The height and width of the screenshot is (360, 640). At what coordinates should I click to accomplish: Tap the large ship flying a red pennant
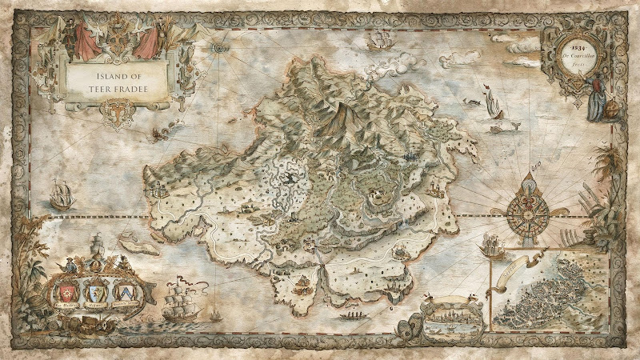click(180, 302)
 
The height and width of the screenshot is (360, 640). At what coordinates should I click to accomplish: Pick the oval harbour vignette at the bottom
click(453, 323)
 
